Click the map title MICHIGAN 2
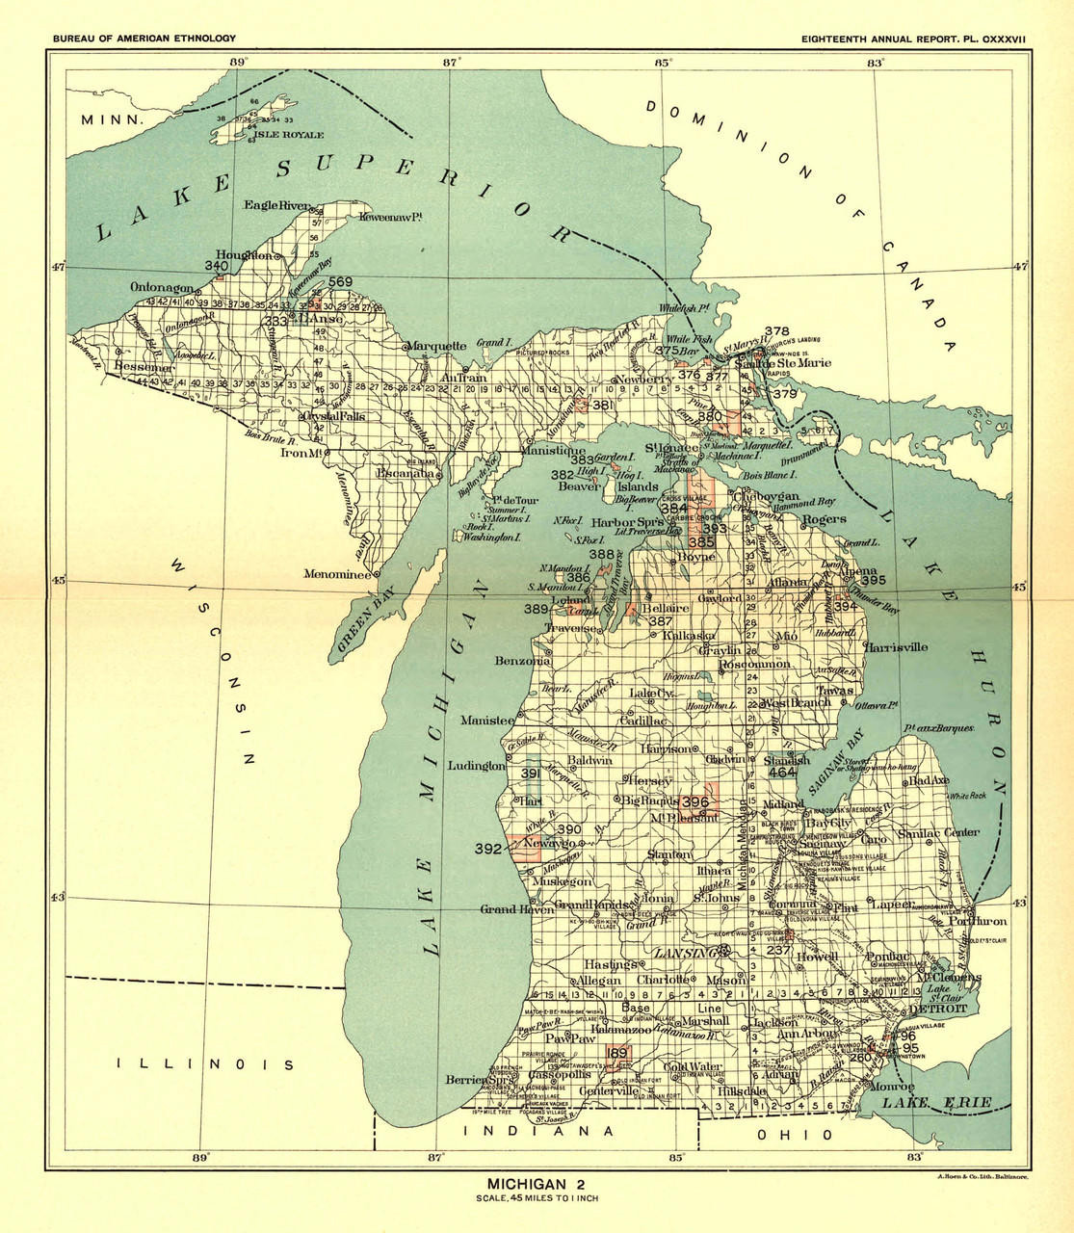pos(536,1183)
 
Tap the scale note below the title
pos(536,1198)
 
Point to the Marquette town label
pos(434,346)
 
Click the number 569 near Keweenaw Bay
pos(341,282)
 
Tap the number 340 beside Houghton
pos(217,265)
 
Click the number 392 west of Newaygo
pos(488,849)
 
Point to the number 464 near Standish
pos(781,773)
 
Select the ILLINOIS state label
pos(204,1064)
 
